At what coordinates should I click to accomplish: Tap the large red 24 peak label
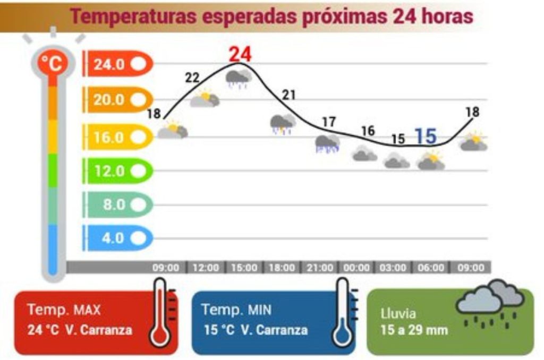pyautogui.click(x=240, y=54)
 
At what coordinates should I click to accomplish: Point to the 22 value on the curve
pyautogui.click(x=192, y=78)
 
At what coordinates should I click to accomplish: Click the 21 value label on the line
pyautogui.click(x=288, y=95)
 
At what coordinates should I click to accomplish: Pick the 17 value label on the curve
pyautogui.click(x=329, y=122)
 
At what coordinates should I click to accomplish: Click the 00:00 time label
pyautogui.click(x=356, y=268)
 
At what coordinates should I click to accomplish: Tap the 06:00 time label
pyautogui.click(x=430, y=268)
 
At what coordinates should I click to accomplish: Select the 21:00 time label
pyautogui.click(x=320, y=268)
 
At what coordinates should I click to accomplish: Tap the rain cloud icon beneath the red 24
pyautogui.click(x=239, y=79)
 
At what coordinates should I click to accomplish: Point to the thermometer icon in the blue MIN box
pyautogui.click(x=343, y=313)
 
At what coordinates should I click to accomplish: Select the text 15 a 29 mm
pyautogui.click(x=414, y=330)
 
